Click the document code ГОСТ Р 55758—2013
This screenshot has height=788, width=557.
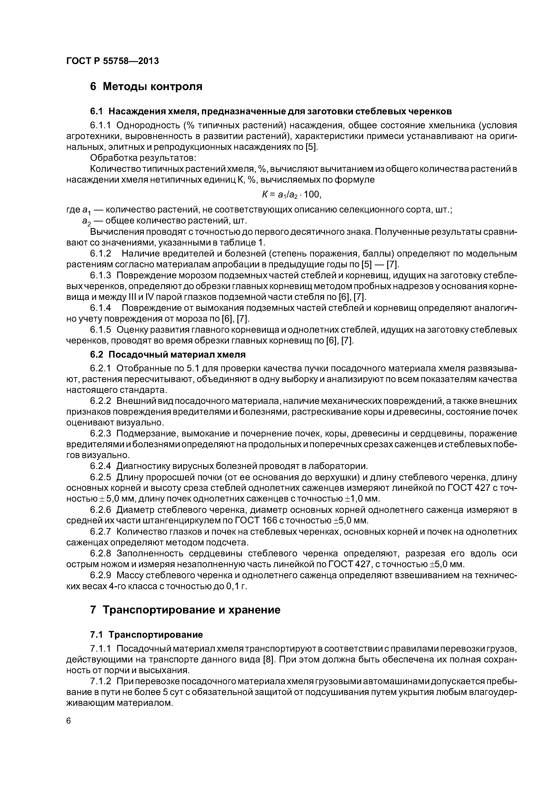point(112,61)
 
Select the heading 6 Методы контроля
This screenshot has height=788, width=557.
point(146,86)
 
